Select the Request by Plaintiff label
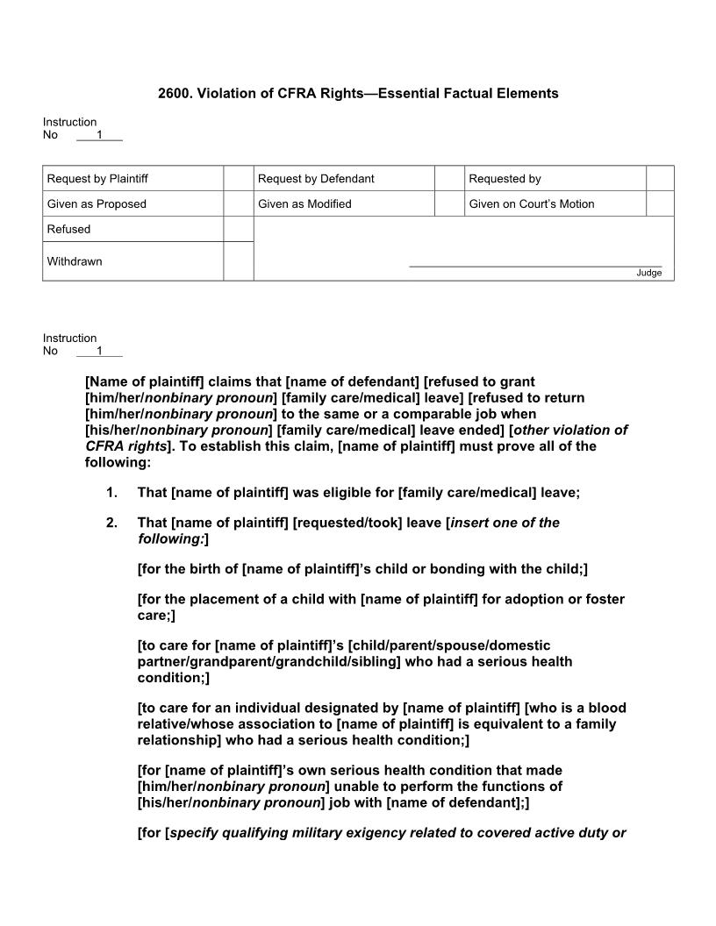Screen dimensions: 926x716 97,179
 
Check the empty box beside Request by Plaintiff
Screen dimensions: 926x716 238,179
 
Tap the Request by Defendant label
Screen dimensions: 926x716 316,179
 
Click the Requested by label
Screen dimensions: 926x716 505,179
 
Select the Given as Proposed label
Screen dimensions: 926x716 97,204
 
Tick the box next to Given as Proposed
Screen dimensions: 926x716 238,204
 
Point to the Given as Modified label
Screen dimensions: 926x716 304,204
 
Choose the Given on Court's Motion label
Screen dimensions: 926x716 531,204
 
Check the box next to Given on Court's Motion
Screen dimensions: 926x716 660,204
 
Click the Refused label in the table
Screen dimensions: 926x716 68,229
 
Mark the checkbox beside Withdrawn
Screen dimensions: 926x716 238,261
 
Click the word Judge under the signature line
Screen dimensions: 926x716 648,273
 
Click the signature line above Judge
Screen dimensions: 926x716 535,265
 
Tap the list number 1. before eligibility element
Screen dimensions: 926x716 111,493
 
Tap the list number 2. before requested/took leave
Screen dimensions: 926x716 111,523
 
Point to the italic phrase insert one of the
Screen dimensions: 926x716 505,523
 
